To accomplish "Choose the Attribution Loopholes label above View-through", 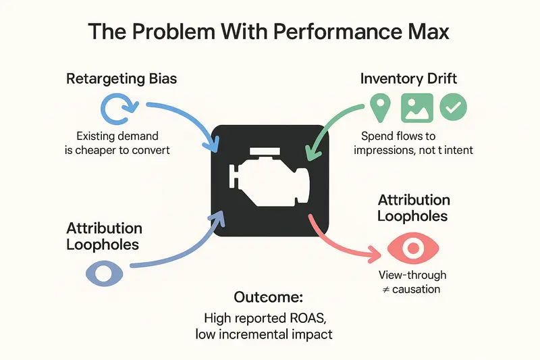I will (x=414, y=208).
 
